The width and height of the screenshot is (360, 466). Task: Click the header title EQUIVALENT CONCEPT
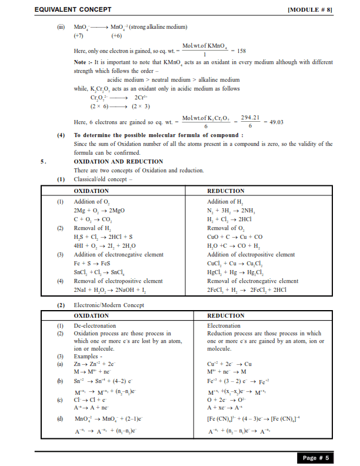click(73, 10)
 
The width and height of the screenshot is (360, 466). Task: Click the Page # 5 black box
click(316, 457)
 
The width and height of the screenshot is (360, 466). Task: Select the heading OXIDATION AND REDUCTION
click(118, 161)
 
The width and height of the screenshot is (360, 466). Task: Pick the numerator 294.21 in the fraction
click(250, 118)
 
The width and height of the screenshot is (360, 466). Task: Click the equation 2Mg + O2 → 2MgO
click(98, 210)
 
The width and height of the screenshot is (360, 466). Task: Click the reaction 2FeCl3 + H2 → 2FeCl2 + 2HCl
click(246, 289)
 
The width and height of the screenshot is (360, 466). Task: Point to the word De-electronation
click(95, 325)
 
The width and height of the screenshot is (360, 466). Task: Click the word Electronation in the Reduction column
click(224, 325)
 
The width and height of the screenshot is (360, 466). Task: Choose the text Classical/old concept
click(103, 179)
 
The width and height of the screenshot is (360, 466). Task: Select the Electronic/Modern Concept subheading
click(108, 305)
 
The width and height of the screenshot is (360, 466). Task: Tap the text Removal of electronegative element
click(252, 281)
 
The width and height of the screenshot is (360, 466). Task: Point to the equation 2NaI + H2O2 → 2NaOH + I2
click(111, 289)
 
